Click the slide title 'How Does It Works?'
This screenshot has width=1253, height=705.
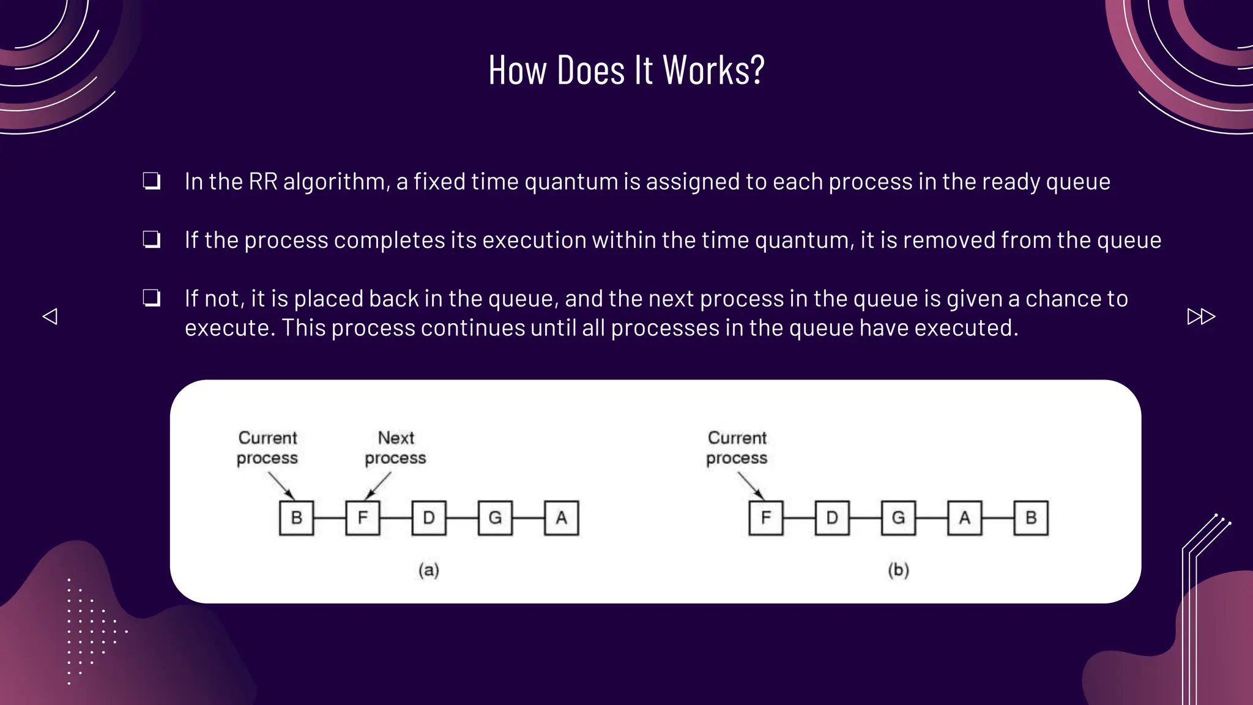click(x=626, y=70)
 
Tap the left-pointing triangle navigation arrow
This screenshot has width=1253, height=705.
click(x=50, y=316)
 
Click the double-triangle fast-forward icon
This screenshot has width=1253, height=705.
click(x=1200, y=316)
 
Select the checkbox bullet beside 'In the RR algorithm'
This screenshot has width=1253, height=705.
click(x=152, y=181)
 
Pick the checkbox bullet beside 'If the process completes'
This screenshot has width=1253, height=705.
click(x=152, y=239)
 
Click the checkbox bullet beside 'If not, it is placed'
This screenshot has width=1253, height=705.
click(x=152, y=298)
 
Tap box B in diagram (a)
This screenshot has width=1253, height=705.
click(x=297, y=518)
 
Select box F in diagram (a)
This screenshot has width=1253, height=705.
click(x=363, y=518)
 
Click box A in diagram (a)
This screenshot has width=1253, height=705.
click(x=561, y=518)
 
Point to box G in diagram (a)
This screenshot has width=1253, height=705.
click(x=495, y=518)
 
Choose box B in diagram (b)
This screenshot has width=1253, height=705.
click(x=1031, y=518)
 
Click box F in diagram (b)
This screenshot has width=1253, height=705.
click(x=766, y=518)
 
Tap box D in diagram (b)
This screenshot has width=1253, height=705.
click(x=832, y=518)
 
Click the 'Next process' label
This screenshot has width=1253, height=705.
click(x=396, y=447)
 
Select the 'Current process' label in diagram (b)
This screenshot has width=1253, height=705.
click(x=737, y=447)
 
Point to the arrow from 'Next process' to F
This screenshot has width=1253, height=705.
click(x=378, y=486)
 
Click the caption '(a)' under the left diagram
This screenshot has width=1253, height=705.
click(x=429, y=570)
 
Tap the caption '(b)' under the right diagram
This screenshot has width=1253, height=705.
click(x=898, y=570)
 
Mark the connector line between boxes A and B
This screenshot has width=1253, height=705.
click(x=998, y=518)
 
